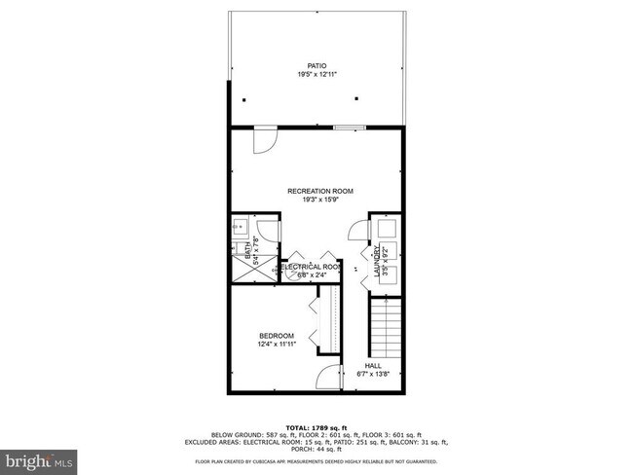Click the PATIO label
(x=316, y=66)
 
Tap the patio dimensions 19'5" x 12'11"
(x=316, y=75)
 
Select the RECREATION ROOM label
(x=319, y=191)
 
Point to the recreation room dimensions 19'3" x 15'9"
(x=319, y=200)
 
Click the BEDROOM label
(x=276, y=336)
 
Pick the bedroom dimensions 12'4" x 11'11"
(x=276, y=345)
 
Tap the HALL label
(x=374, y=366)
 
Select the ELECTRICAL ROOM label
(x=312, y=267)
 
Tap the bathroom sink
(x=239, y=229)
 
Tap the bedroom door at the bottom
(x=330, y=378)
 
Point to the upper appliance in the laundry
(x=385, y=230)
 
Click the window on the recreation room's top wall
(x=349, y=128)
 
